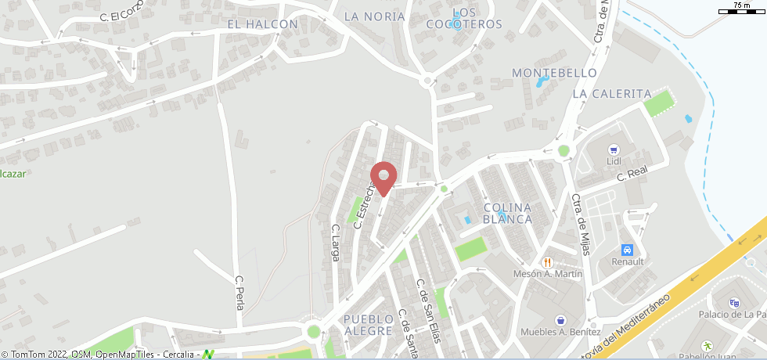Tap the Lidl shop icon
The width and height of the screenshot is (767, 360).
click(614, 149)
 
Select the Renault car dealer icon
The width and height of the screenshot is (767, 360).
click(627, 250)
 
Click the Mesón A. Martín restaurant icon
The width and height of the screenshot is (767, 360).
click(548, 262)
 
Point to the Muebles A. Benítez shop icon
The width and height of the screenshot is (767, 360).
click(560, 319)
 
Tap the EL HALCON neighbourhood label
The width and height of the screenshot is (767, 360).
click(262, 24)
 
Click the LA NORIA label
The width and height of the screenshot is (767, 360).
click(375, 16)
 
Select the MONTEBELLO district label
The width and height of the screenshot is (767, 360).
click(554, 73)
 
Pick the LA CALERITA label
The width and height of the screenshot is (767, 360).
click(612, 93)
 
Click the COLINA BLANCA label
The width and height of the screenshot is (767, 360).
click(508, 213)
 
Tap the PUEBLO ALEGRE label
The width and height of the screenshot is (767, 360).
click(367, 325)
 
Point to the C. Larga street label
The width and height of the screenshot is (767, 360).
click(336, 243)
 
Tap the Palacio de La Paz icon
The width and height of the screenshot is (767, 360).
click(733, 303)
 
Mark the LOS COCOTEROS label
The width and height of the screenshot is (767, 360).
click(464, 18)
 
